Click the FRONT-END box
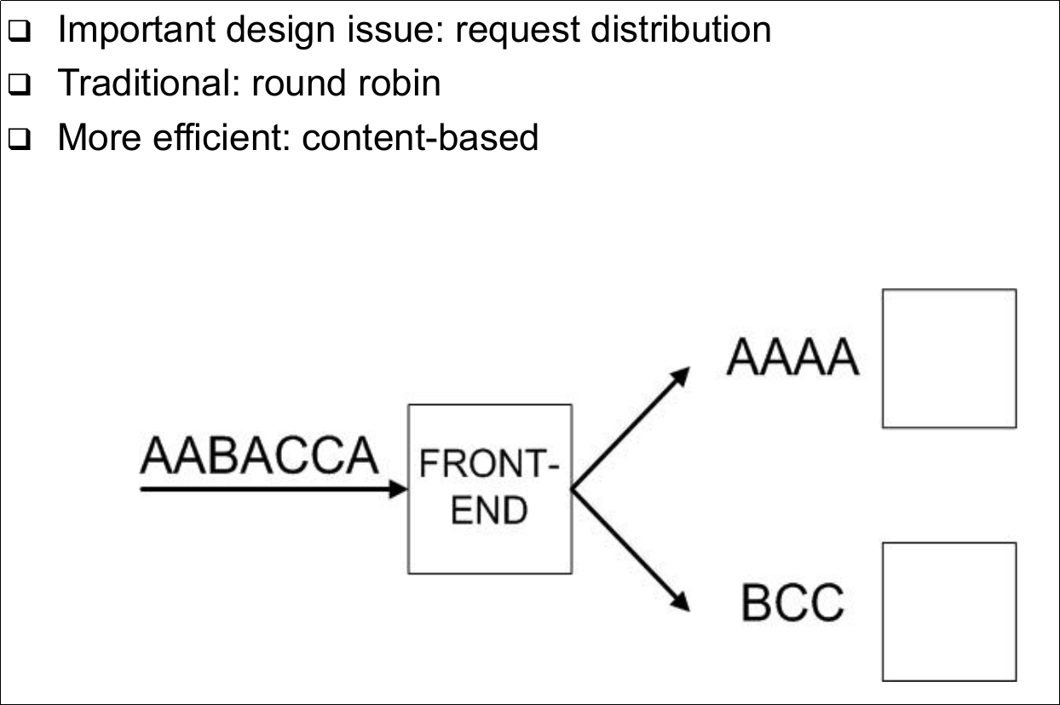coord(489,488)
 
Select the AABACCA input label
coord(258,455)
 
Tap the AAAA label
coord(792,359)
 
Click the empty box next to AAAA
coord(948,358)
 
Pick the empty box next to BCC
coord(948,611)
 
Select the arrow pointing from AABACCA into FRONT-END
coord(273,489)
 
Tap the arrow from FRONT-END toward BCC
coord(631,551)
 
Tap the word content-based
coord(421,137)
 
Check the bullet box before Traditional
coord(20,85)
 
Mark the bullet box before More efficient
coord(20,139)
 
